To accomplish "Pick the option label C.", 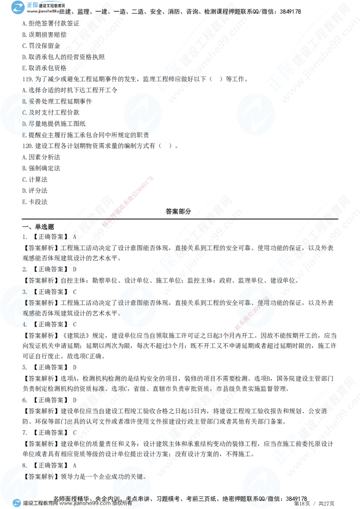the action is [25, 112].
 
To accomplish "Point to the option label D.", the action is [25, 124].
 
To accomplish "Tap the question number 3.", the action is [24, 292].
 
